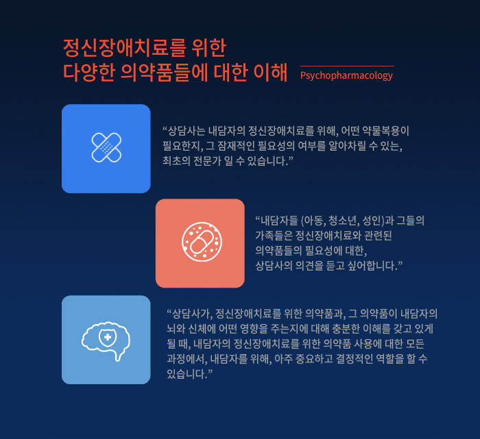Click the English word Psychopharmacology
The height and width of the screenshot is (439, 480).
[x=346, y=75]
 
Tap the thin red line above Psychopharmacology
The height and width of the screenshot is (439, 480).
[x=347, y=66]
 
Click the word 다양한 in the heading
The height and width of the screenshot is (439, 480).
[x=88, y=72]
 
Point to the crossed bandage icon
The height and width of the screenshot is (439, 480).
[x=106, y=147]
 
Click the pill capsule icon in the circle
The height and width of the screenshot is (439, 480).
[x=202, y=242]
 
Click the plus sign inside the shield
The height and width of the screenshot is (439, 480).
[x=108, y=337]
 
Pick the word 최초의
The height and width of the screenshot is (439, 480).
[x=176, y=161]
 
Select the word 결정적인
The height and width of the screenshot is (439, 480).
[x=355, y=359]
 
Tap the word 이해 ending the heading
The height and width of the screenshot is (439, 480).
[x=271, y=72]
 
